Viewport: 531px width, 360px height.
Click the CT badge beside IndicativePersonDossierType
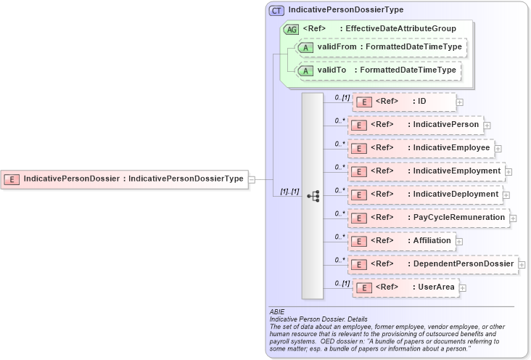coord(276,10)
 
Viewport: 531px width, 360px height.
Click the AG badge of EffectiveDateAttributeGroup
coord(291,29)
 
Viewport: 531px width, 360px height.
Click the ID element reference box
coord(404,102)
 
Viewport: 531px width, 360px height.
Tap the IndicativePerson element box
coord(414,125)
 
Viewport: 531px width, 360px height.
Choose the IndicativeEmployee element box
coord(420,148)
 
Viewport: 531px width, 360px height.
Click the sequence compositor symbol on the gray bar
coord(313,196)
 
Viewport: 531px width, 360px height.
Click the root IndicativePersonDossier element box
coord(125,179)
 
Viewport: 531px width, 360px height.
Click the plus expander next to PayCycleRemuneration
coord(513,218)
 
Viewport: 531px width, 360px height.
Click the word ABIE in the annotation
coord(277,312)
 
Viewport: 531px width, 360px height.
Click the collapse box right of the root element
coord(252,179)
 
